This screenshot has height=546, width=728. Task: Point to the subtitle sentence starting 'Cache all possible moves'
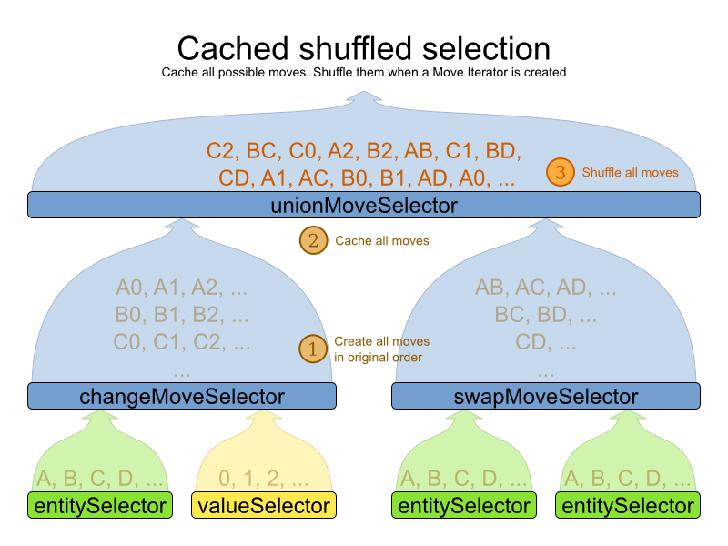[364, 72]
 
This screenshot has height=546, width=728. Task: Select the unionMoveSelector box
[364, 206]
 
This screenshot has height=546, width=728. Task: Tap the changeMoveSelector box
[182, 396]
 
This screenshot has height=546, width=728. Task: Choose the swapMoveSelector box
[546, 396]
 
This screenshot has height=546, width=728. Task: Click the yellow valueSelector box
[264, 505]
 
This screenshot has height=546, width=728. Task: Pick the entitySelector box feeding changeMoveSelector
[100, 505]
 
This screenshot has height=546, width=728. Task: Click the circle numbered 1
[313, 349]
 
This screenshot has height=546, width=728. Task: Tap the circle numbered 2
[313, 241]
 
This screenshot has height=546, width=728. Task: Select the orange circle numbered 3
[560, 172]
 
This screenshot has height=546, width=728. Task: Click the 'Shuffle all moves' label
[630, 172]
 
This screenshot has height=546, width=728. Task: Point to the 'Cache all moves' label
[382, 241]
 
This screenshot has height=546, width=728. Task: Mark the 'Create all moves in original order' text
[381, 349]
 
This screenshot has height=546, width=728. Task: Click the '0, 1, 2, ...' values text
[264, 478]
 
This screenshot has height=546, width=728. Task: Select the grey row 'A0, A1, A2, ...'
[182, 288]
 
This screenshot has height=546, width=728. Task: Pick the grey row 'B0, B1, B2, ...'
[182, 317]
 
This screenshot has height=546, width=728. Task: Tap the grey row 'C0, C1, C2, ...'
[182, 344]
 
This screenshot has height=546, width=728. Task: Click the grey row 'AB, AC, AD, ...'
[546, 288]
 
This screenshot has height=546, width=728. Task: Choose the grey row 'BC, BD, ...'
[546, 317]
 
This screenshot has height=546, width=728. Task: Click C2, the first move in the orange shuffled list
[220, 151]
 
